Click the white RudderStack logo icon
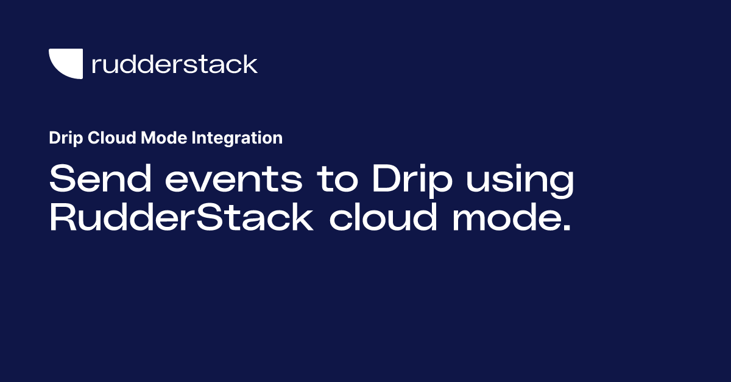[x=65, y=63]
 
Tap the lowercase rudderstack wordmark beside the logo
[x=174, y=64]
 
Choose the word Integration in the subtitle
[x=237, y=138]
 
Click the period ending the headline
[x=567, y=229]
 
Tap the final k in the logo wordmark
[x=250, y=63]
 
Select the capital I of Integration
[x=194, y=138]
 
